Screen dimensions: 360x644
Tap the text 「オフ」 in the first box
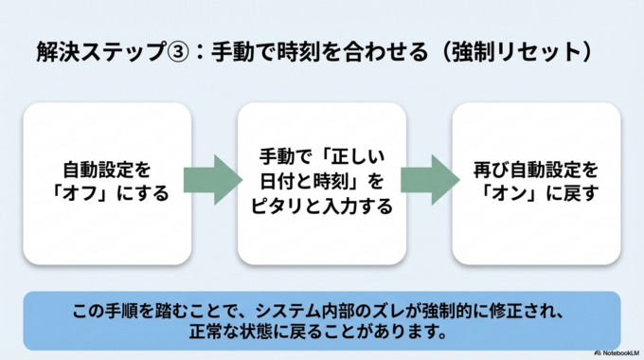click(93, 194)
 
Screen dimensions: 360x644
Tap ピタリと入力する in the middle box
click(321, 205)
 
